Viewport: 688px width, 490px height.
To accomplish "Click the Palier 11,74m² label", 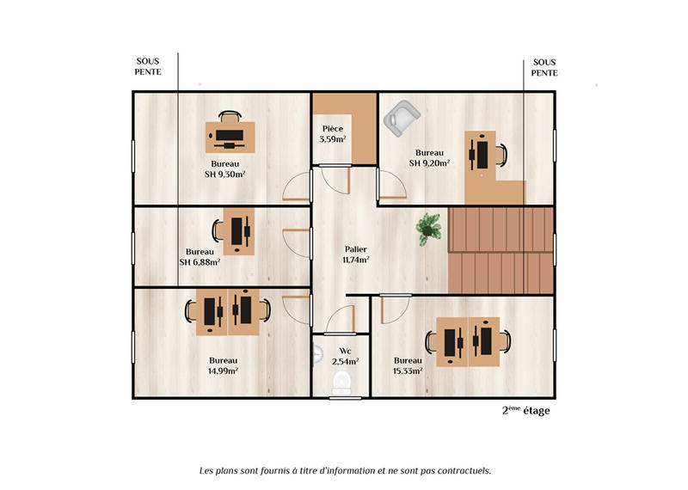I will tap(356, 254).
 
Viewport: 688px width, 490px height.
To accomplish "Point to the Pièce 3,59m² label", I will tap(333, 133).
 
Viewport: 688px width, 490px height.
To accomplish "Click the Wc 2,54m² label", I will tap(344, 356).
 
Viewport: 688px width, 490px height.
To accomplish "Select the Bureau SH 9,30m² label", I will tap(224, 168).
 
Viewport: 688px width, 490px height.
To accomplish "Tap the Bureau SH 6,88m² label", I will tap(200, 257).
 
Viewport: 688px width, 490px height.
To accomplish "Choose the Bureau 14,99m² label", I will tap(223, 365).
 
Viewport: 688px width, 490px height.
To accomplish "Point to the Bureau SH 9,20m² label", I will tap(429, 156).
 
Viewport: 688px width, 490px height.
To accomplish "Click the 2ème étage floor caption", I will tap(525, 411).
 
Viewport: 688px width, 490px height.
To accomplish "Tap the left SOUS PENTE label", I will tap(148, 67).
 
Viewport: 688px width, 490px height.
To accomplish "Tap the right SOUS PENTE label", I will tap(544, 67).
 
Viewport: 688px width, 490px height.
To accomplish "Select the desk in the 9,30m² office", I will tap(230, 136).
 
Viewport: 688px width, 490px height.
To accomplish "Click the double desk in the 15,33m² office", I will tap(468, 340).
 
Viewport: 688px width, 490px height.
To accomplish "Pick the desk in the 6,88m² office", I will tap(239, 230).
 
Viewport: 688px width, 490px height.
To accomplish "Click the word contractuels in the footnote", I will tap(461, 470).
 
